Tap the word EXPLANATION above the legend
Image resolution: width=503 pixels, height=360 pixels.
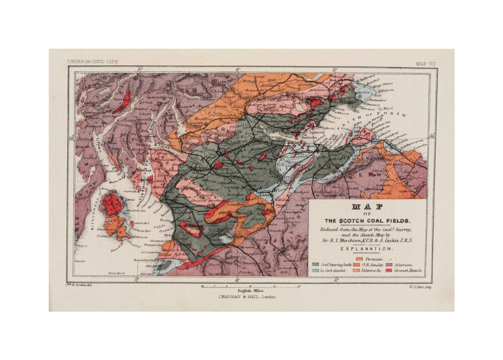tap(367, 249)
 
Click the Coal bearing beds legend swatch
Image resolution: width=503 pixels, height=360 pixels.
tap(315, 264)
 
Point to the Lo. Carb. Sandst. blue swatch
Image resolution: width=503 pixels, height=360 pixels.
tap(315, 271)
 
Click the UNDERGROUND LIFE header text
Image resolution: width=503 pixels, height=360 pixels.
tap(93, 61)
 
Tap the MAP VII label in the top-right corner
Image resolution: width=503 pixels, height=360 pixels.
tap(425, 63)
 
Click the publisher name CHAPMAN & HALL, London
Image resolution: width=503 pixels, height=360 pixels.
tap(247, 297)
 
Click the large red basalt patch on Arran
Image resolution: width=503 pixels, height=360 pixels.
tap(112, 205)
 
